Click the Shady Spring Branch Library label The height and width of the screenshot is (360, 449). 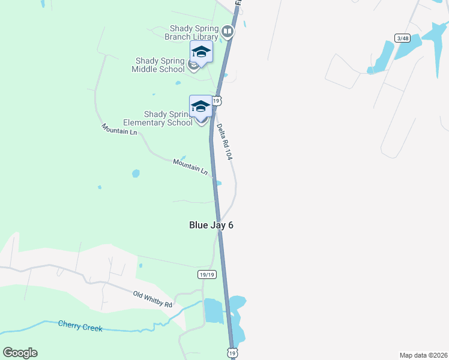pyautogui.click(x=193, y=32)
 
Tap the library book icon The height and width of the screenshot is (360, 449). pyautogui.click(x=228, y=31)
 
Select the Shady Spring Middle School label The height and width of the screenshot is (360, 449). pyautogui.click(x=158, y=65)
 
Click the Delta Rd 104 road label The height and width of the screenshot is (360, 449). pyautogui.click(x=224, y=141)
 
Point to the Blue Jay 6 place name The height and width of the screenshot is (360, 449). pyautogui.click(x=211, y=225)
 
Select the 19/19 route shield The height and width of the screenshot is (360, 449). pyautogui.click(x=206, y=274)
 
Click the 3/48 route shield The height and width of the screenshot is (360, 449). pyautogui.click(x=402, y=38)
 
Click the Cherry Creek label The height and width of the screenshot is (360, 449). pyautogui.click(x=80, y=327)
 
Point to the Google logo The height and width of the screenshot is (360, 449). pyautogui.click(x=20, y=353)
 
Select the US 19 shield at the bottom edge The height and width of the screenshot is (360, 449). pyautogui.click(x=232, y=353)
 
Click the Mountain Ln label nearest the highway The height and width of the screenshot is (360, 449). pyautogui.click(x=190, y=166)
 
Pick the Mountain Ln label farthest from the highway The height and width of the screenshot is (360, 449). pyautogui.click(x=119, y=128)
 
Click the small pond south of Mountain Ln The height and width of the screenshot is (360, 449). pyautogui.click(x=136, y=173)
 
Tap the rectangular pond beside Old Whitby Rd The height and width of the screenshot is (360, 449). pyautogui.click(x=213, y=310)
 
